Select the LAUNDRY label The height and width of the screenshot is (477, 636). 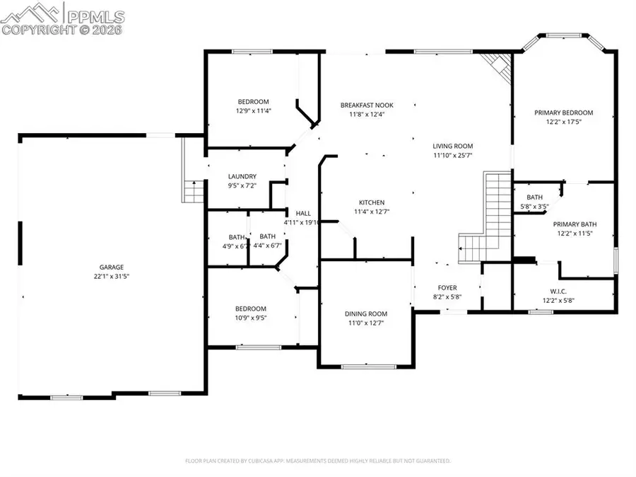point(242,176)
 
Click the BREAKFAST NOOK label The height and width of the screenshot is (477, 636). point(366,105)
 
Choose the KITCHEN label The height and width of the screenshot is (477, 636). point(371,202)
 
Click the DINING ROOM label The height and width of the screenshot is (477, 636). point(366,314)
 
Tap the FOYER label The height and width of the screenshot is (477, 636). point(447,287)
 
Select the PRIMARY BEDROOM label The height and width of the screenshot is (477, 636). point(563,113)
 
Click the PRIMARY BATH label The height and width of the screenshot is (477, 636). point(573,224)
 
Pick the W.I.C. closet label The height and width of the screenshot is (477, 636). point(558,291)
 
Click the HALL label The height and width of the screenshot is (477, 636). point(302,213)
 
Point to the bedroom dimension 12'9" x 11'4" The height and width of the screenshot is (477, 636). point(253,110)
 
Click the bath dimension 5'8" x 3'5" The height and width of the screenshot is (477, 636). point(534,207)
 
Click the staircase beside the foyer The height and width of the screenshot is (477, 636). point(484,219)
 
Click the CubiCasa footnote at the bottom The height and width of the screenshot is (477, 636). point(318,461)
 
